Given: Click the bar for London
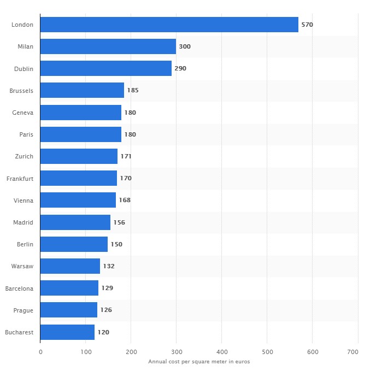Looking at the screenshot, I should tap(169, 25).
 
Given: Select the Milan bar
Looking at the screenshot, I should tap(108, 46).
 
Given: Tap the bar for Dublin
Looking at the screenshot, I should tap(106, 68).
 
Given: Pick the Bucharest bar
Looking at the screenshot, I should tap(67, 332).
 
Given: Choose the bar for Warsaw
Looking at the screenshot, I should tap(70, 266).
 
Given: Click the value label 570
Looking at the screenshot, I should tap(307, 25).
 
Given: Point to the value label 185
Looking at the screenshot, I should tap(133, 90).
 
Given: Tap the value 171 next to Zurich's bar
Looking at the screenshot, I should tap(126, 156).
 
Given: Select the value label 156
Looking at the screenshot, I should tap(119, 222).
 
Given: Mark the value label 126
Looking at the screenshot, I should tap(106, 310).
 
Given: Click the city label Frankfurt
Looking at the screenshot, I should tap(20, 178).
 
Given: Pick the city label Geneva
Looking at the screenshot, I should tap(22, 113).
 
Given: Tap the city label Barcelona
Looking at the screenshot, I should tap(19, 288).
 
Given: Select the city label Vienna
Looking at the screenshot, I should tap(23, 201).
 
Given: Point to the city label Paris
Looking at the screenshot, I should tap(26, 134).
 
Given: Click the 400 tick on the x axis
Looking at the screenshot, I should tap(221, 352).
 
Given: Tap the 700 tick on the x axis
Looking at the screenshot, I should tap(357, 352).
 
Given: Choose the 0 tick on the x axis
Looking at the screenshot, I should tap(40, 352).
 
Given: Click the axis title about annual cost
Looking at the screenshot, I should tap(199, 361).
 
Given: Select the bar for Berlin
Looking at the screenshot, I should tap(74, 244).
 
